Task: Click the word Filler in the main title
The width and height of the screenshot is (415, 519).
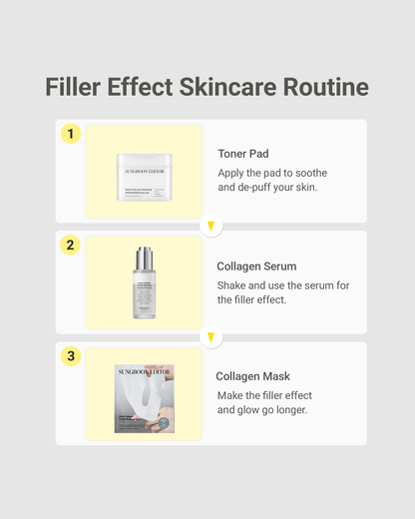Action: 78,87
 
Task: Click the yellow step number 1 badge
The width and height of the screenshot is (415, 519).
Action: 70,134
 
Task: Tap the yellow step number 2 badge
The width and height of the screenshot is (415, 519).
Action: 70,246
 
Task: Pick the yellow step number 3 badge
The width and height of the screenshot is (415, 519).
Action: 70,356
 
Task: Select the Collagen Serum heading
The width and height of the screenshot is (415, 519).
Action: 256,266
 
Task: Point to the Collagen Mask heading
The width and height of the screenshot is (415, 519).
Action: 253,376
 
